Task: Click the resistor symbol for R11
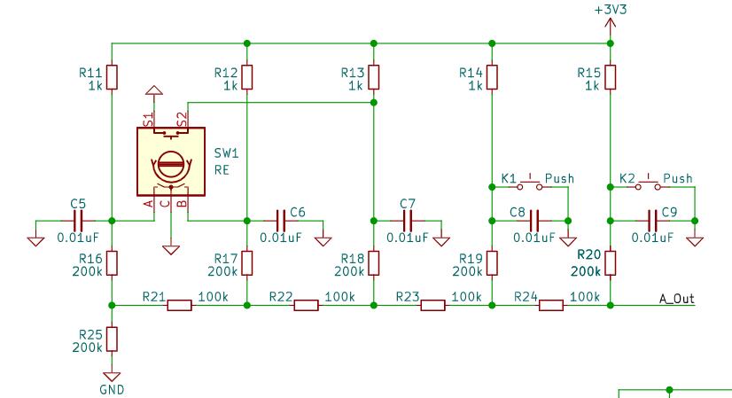coord(112,77)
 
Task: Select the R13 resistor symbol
coord(373,77)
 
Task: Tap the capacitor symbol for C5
coord(78,221)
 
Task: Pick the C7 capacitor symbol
coord(408,221)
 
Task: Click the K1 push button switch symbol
coord(529,185)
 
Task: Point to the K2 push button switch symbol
coord(648,185)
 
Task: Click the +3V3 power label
coord(611,10)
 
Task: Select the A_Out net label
coord(676,298)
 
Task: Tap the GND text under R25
coord(112,389)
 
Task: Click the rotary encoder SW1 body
coord(171,161)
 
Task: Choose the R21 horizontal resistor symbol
coord(180,306)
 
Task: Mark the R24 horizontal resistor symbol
coord(551,306)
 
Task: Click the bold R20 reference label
coord(589,254)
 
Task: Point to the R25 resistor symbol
coord(112,339)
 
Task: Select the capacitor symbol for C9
coord(652,221)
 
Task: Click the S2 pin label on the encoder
coord(183,119)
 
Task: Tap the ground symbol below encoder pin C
coord(171,250)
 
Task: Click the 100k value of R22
coord(340,297)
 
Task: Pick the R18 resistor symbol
coord(373,263)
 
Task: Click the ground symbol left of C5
coord(36,241)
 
